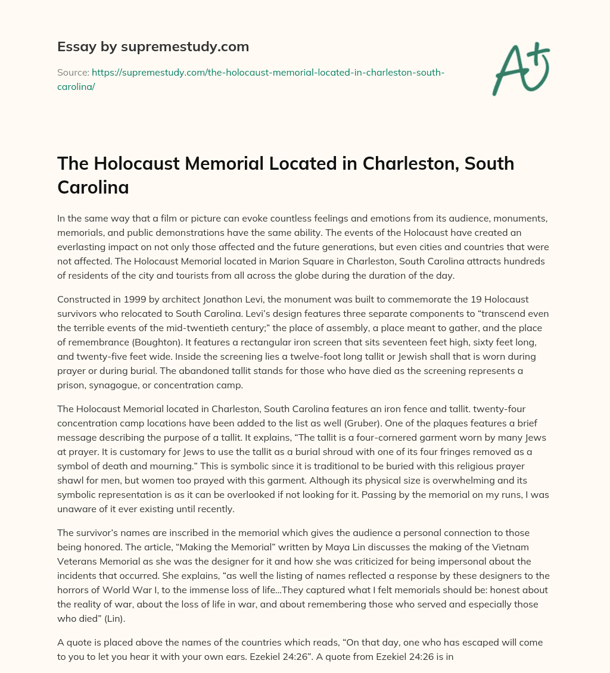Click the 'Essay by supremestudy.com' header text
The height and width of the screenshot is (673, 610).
(152, 46)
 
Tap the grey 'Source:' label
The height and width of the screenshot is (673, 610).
(73, 72)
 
